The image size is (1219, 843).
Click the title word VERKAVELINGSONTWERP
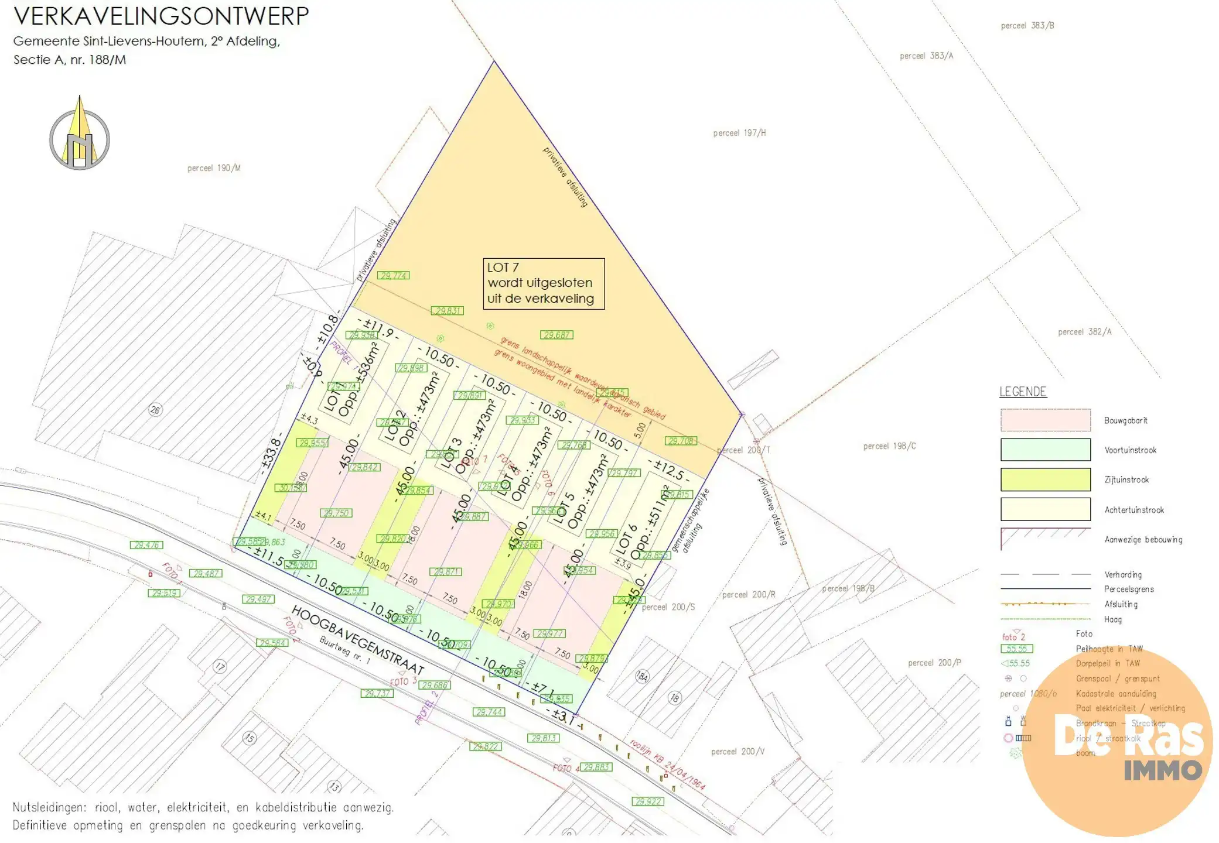[x=161, y=16]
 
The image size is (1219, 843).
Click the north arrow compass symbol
[x=80, y=136]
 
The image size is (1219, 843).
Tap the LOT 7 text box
[x=543, y=283]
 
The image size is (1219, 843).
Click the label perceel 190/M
[x=214, y=168]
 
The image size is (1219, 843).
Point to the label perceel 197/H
[x=739, y=133]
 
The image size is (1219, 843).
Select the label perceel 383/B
[x=1027, y=26]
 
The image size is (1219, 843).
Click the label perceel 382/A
[x=1084, y=332]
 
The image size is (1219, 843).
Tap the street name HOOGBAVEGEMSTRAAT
[x=357, y=639]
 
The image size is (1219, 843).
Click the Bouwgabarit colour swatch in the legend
[x=1045, y=420]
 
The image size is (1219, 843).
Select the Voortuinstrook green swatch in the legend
[x=1045, y=450]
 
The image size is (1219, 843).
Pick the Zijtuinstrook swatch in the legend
[x=1045, y=479]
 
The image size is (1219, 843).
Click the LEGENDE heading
[x=1023, y=392]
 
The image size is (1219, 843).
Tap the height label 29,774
[x=393, y=275]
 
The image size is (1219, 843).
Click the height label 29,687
[x=557, y=335]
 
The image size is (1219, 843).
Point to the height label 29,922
[x=648, y=801]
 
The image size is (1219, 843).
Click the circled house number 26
[x=155, y=410]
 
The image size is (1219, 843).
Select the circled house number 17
[x=220, y=666]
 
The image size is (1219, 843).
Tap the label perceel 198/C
[x=889, y=446]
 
